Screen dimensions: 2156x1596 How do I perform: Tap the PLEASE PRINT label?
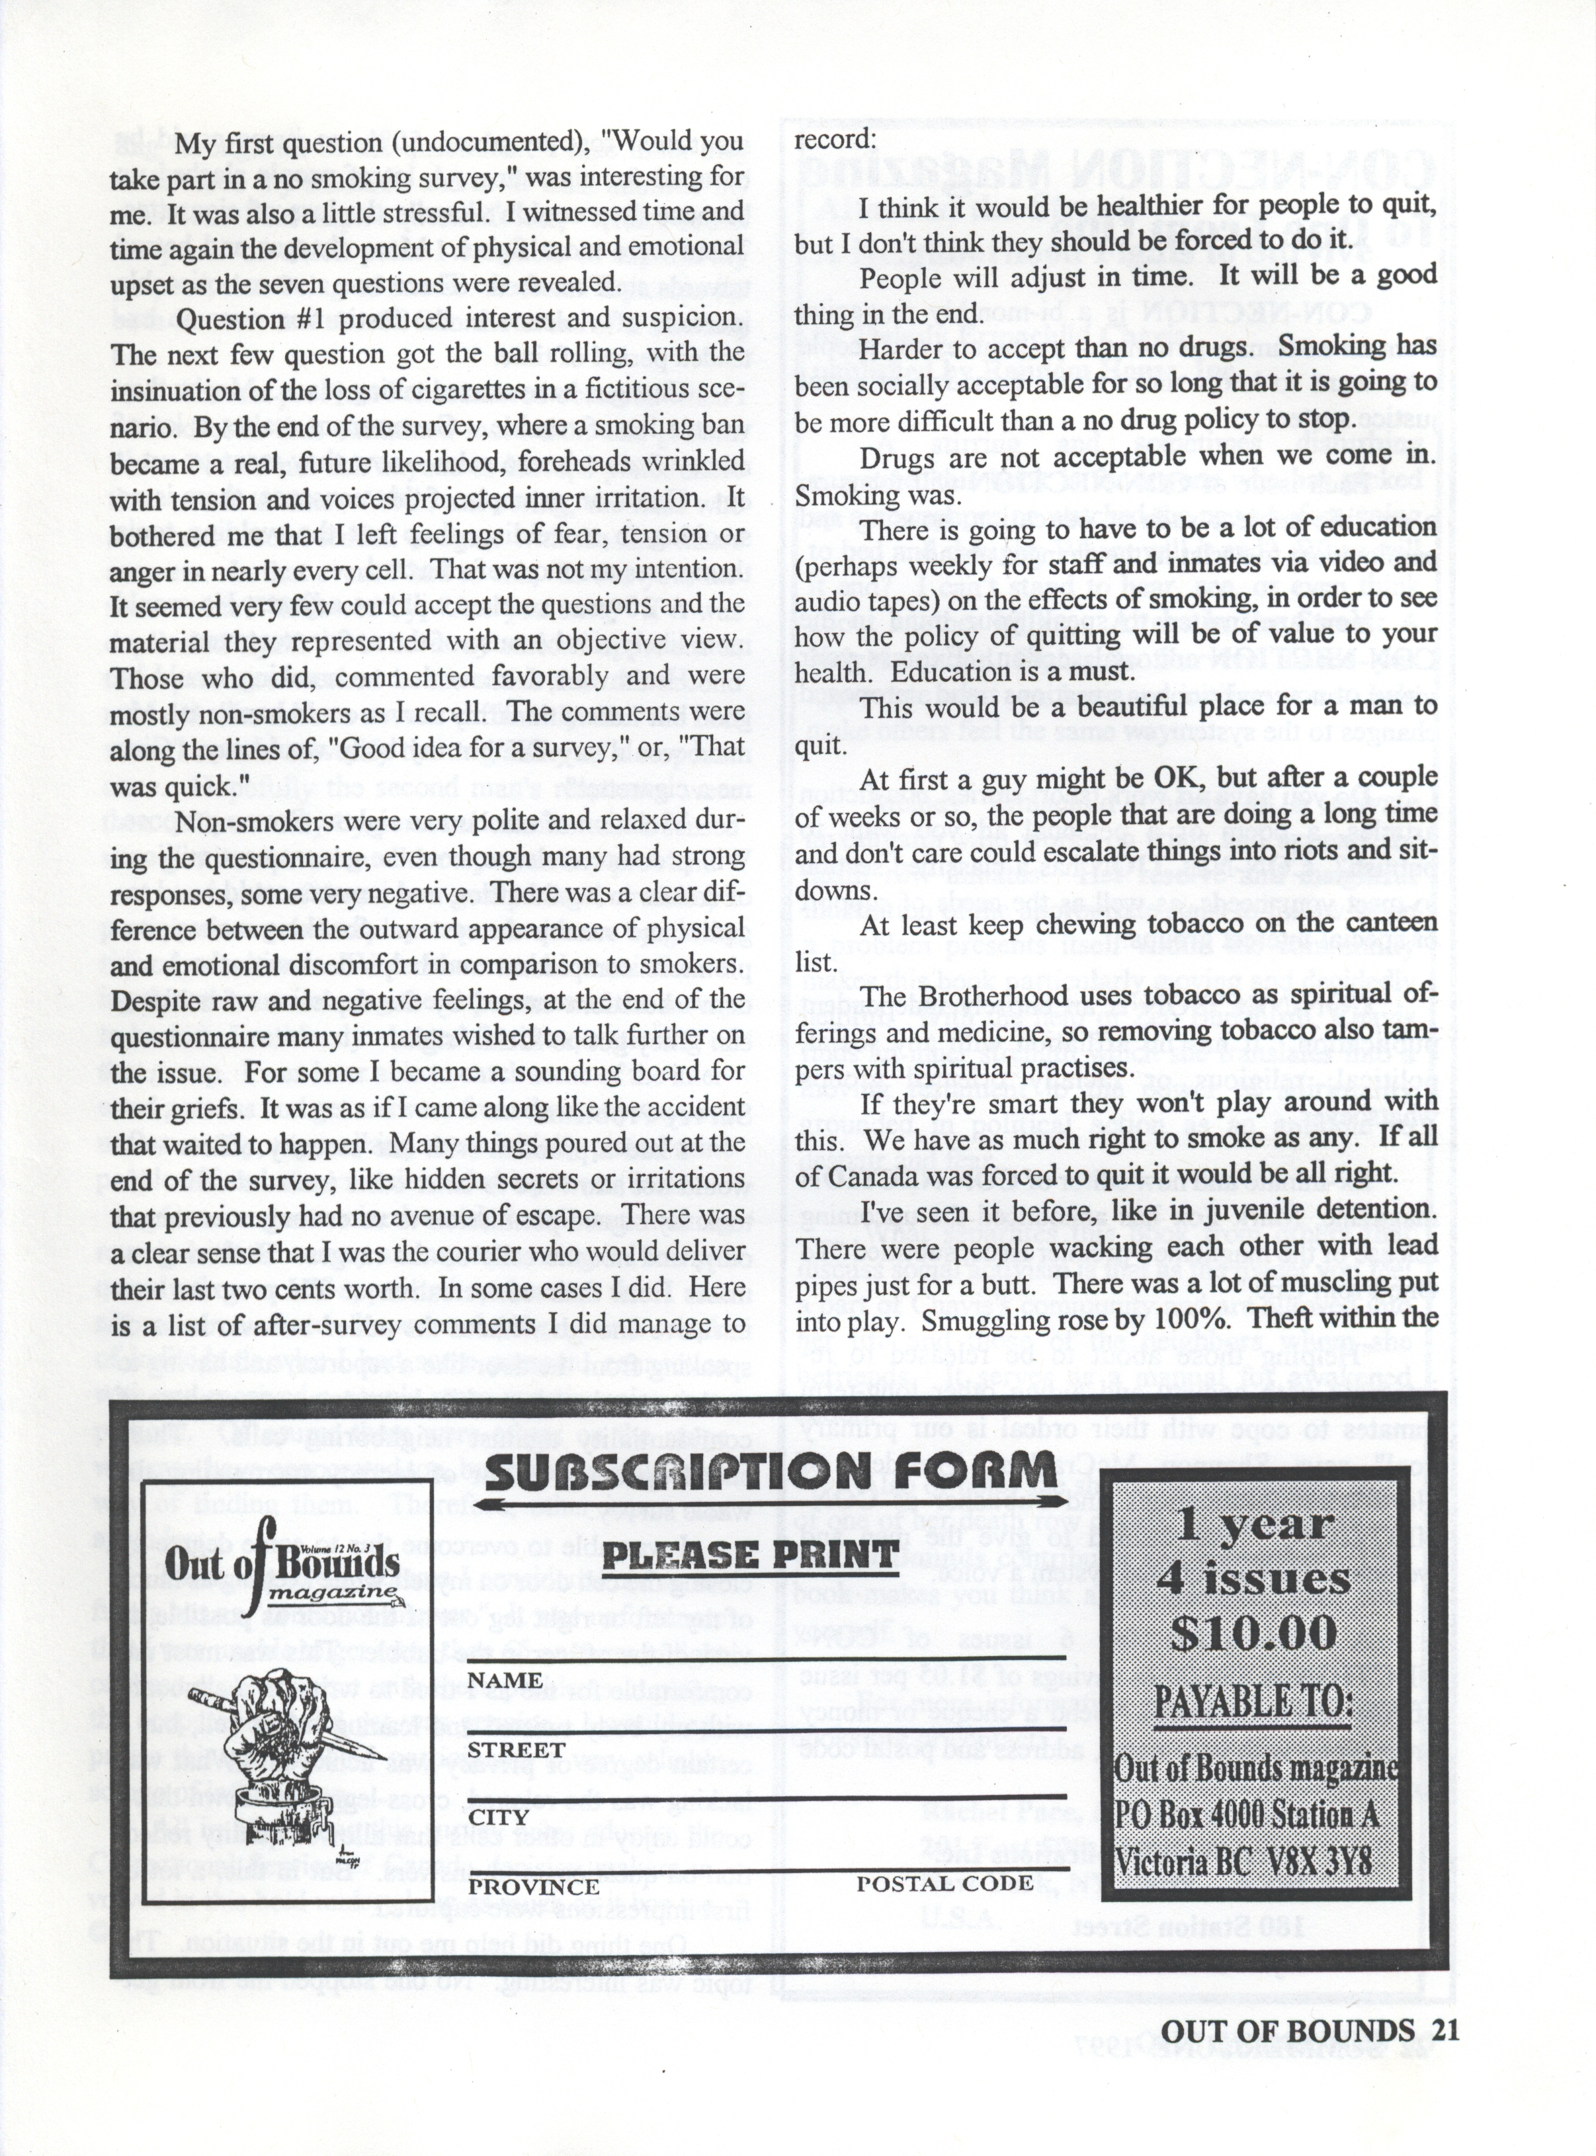click(x=751, y=1554)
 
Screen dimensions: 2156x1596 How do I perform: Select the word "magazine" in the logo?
click(x=332, y=1593)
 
